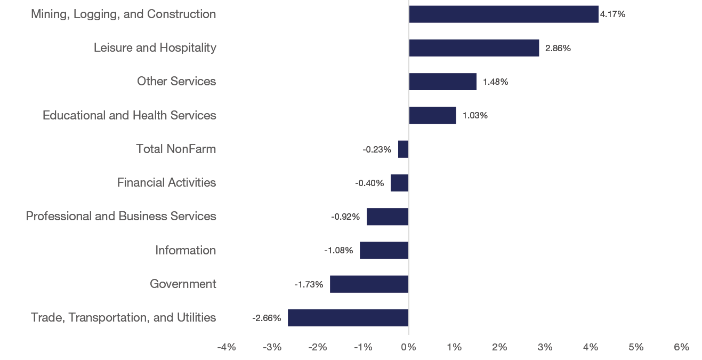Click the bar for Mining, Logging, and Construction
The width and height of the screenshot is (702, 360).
pos(503,14)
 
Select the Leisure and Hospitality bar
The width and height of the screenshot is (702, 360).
pos(474,48)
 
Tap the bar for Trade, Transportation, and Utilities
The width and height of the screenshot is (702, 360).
pos(348,318)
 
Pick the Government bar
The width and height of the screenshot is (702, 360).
pos(369,284)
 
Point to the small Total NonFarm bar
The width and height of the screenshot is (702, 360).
pos(403,149)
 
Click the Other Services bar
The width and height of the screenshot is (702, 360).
pos(442,82)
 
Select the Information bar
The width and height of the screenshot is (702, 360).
pos(384,251)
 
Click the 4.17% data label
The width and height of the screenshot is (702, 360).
pos(612,14)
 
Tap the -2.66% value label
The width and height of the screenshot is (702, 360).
pos(267,318)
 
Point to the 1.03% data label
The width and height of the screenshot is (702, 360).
pos(474,116)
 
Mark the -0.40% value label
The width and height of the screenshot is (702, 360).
pos(369,183)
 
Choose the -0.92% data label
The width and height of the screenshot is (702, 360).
pos(345,217)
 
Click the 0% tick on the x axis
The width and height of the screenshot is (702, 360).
pos(408,347)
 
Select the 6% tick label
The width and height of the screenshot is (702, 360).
pos(681,347)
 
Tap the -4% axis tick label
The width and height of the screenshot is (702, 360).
pos(227,347)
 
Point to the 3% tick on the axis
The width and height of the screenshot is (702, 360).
pos(545,347)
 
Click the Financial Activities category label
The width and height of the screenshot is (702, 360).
pos(166,182)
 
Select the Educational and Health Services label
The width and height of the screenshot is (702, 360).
pos(130,115)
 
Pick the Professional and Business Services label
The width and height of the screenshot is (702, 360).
pos(121,216)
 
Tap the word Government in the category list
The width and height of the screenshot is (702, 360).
pos(183,284)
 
